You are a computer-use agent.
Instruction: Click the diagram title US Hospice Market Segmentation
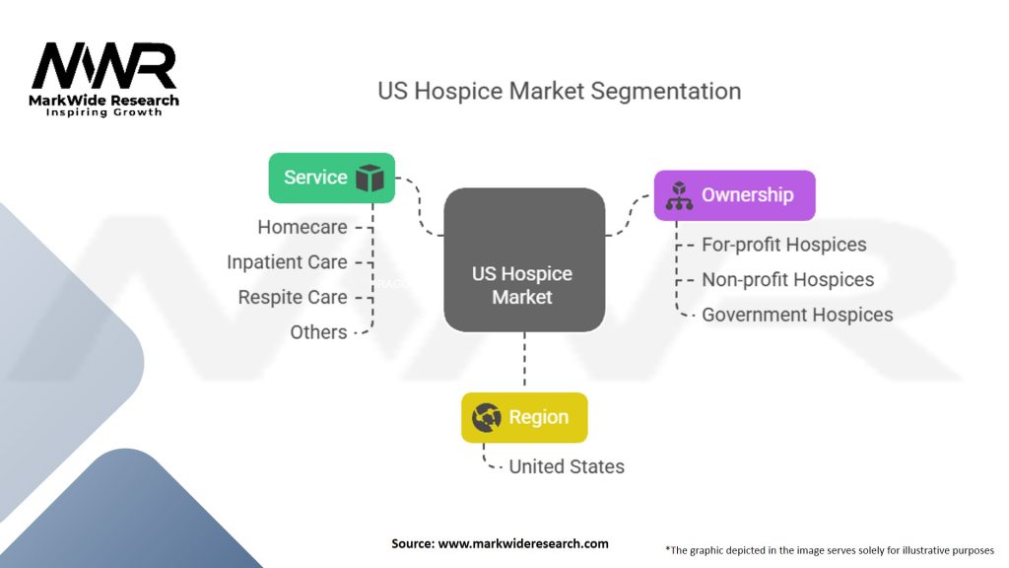pyautogui.click(x=559, y=91)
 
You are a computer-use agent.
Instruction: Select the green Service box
pyautogui.click(x=331, y=177)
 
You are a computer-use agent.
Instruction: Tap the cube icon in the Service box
pyautogui.click(x=370, y=178)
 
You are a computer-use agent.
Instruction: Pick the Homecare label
pyautogui.click(x=302, y=227)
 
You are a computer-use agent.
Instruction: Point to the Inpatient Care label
pyautogui.click(x=287, y=262)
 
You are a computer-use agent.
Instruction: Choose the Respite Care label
pyautogui.click(x=293, y=297)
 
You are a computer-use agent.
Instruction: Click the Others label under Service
pyautogui.click(x=318, y=332)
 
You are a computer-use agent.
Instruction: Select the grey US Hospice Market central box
pyautogui.click(x=523, y=259)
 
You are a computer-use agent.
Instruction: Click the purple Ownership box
pyautogui.click(x=735, y=195)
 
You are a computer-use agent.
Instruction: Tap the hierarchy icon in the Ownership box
pyautogui.click(x=680, y=195)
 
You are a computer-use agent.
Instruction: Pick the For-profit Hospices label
pyautogui.click(x=783, y=245)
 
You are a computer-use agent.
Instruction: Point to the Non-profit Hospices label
pyautogui.click(x=787, y=280)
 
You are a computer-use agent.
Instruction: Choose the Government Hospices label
pyautogui.click(x=797, y=316)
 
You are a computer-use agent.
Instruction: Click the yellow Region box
pyautogui.click(x=524, y=417)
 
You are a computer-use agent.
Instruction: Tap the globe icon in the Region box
pyautogui.click(x=487, y=418)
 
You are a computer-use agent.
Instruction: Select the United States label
pyautogui.click(x=567, y=466)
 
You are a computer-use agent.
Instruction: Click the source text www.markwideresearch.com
pyautogui.click(x=500, y=543)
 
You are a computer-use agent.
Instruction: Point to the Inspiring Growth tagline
pyautogui.click(x=103, y=112)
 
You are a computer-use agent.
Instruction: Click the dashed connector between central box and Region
pyautogui.click(x=524, y=361)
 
